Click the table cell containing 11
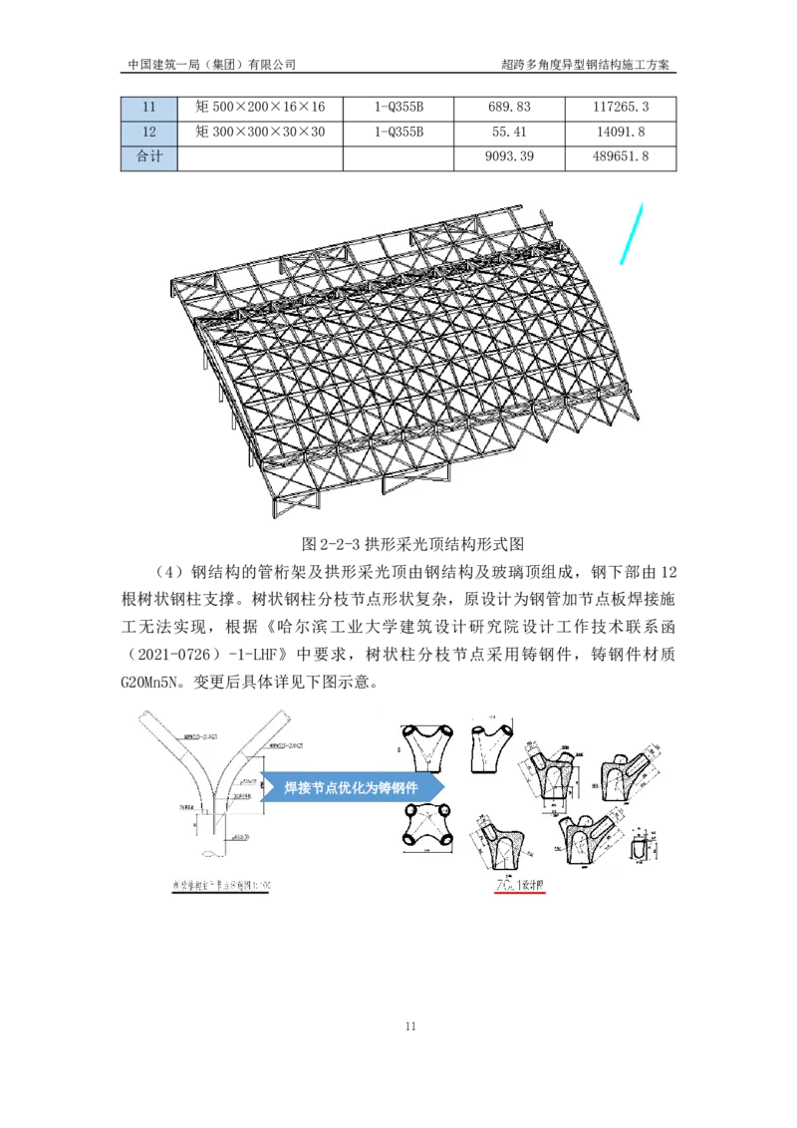[149, 108]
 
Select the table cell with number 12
[149, 133]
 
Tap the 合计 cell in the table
[149, 157]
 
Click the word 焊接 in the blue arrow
[298, 788]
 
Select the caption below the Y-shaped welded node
[218, 884]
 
